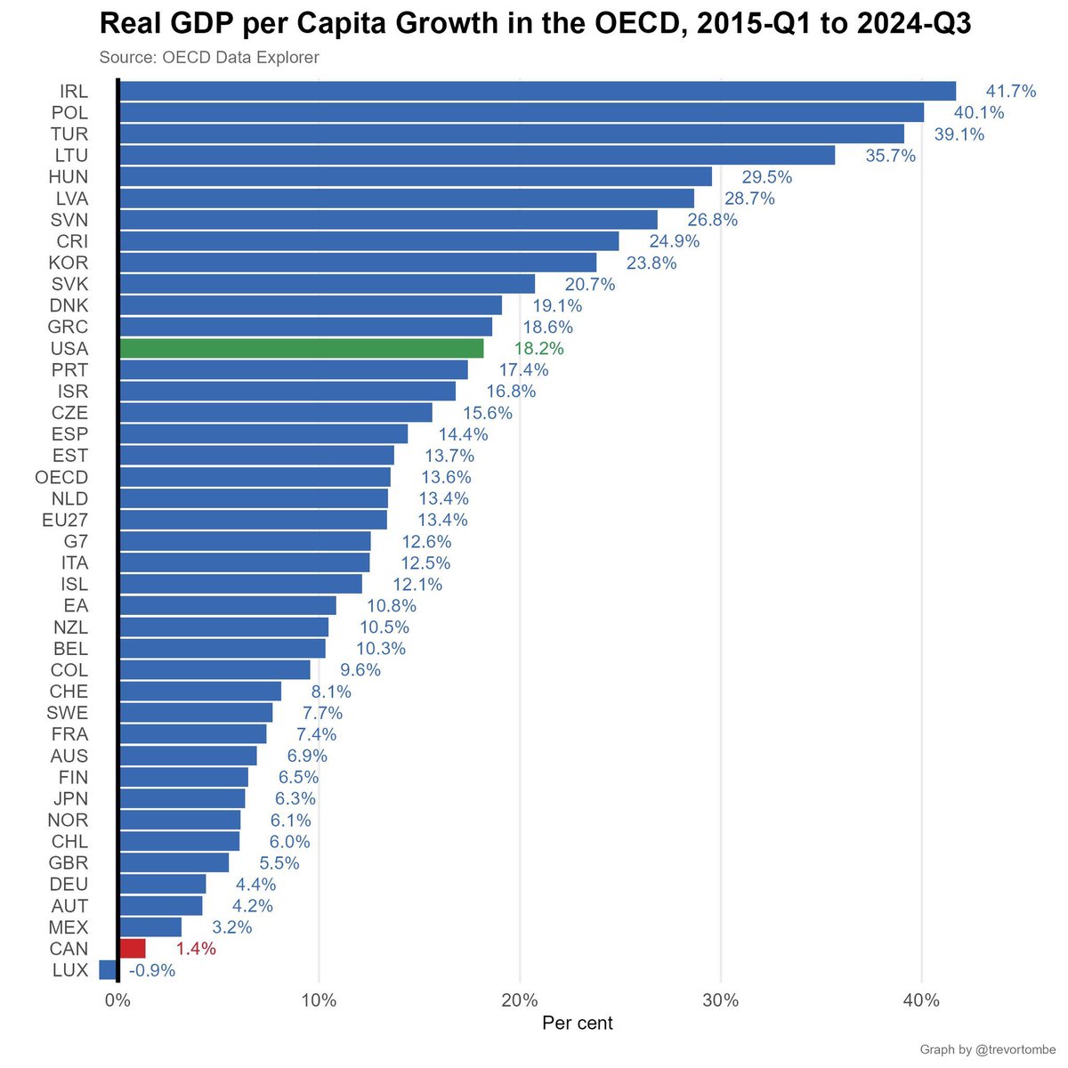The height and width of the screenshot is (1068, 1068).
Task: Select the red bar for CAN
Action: [x=132, y=948]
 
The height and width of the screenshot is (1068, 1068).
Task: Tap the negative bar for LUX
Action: [x=108, y=969]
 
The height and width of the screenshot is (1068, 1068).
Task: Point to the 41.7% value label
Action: [x=1010, y=91]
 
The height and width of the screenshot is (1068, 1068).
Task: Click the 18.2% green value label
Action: [x=538, y=349]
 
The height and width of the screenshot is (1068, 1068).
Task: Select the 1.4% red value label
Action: [x=196, y=949]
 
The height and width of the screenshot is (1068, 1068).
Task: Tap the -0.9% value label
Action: [x=152, y=970]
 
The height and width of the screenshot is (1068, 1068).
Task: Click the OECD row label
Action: [x=61, y=477]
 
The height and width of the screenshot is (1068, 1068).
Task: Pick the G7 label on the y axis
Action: [x=76, y=541]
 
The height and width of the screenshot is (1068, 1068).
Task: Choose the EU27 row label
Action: [x=65, y=520]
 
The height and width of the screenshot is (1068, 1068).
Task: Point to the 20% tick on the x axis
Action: [x=520, y=1000]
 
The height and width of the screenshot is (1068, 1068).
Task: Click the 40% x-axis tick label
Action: [x=921, y=1000]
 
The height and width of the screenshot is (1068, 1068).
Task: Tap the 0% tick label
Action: [x=117, y=1000]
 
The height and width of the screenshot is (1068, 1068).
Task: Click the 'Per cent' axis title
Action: [x=577, y=1023]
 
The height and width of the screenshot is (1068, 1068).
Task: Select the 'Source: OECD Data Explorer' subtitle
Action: [x=209, y=58]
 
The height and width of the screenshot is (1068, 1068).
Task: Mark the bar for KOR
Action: [x=357, y=263]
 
